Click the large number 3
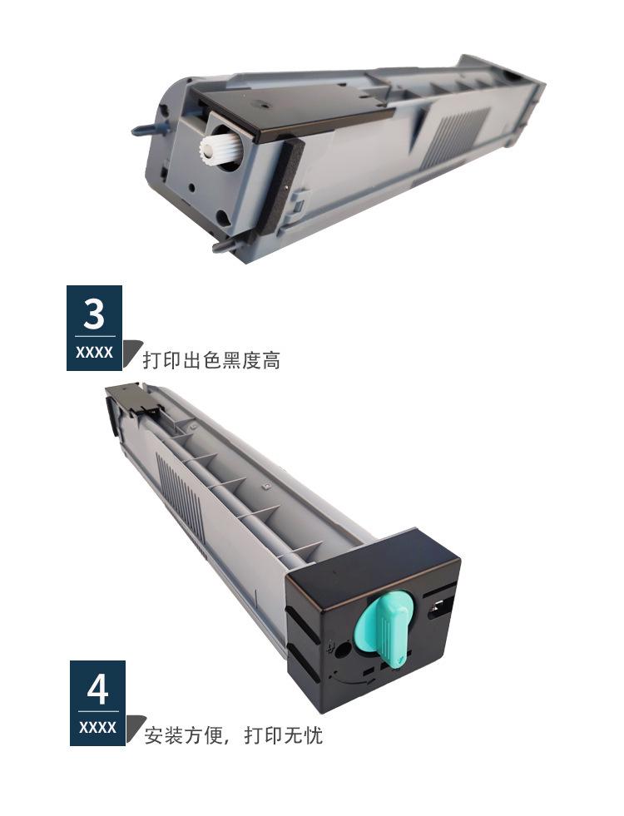(x=94, y=314)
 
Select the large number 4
(x=97, y=689)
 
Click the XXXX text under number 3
(x=94, y=352)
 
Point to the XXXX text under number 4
(x=97, y=727)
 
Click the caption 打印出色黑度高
(x=211, y=360)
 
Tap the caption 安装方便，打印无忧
(x=234, y=735)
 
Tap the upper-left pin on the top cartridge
(x=142, y=129)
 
